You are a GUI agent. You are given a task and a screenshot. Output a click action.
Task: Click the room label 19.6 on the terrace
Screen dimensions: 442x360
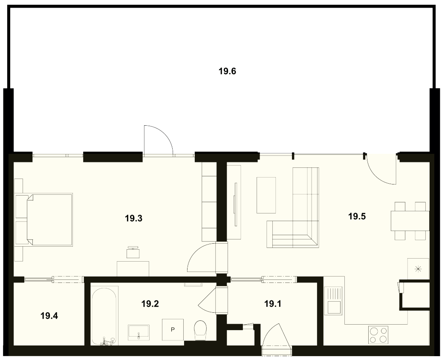pyautogui.click(x=227, y=71)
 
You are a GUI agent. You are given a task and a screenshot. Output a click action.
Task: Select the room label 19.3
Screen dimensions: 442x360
pyautogui.click(x=133, y=218)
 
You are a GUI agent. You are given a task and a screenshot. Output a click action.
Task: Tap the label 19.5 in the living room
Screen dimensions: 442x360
pyautogui.click(x=357, y=216)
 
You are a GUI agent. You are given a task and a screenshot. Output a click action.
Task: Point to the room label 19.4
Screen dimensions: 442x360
pyautogui.click(x=49, y=316)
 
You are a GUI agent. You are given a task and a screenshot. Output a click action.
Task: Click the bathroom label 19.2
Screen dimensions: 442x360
pyautogui.click(x=150, y=304)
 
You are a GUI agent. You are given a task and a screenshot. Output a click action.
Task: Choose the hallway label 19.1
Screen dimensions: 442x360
pyautogui.click(x=273, y=304)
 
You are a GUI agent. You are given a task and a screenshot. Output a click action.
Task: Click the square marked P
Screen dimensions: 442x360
pyautogui.click(x=173, y=330)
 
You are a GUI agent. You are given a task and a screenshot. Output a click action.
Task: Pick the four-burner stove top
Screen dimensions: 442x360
pyautogui.click(x=378, y=335)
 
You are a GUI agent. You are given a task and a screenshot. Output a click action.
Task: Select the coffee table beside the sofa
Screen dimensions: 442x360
pyautogui.click(x=266, y=195)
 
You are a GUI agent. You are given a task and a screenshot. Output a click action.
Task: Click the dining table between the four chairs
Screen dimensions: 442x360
pyautogui.click(x=410, y=221)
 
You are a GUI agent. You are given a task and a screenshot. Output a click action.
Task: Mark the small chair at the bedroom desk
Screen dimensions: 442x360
pyautogui.click(x=133, y=252)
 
